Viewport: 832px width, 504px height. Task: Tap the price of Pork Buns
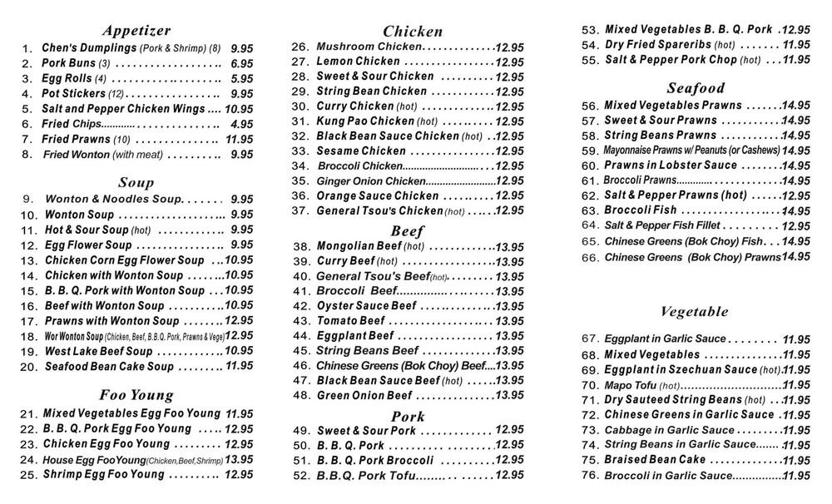pos(242,64)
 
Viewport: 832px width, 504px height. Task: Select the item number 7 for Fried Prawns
pos(27,140)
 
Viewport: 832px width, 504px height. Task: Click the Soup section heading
pos(136,182)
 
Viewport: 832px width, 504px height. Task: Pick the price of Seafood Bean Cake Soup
pos(240,365)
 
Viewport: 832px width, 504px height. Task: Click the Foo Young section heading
pos(136,395)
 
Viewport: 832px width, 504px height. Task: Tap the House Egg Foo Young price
pos(239,459)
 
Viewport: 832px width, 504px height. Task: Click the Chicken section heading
pos(412,32)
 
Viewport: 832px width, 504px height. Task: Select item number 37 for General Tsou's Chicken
pos(300,211)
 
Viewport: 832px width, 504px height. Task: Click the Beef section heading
pos(408,230)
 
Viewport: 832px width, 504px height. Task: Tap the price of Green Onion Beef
pos(509,396)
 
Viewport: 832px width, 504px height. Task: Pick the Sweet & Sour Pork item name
pos(366,431)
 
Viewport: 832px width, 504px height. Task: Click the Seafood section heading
pos(695,87)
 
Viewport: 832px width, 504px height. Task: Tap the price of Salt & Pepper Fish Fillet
pos(796,226)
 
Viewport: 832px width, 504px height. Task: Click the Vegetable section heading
pos(694,312)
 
